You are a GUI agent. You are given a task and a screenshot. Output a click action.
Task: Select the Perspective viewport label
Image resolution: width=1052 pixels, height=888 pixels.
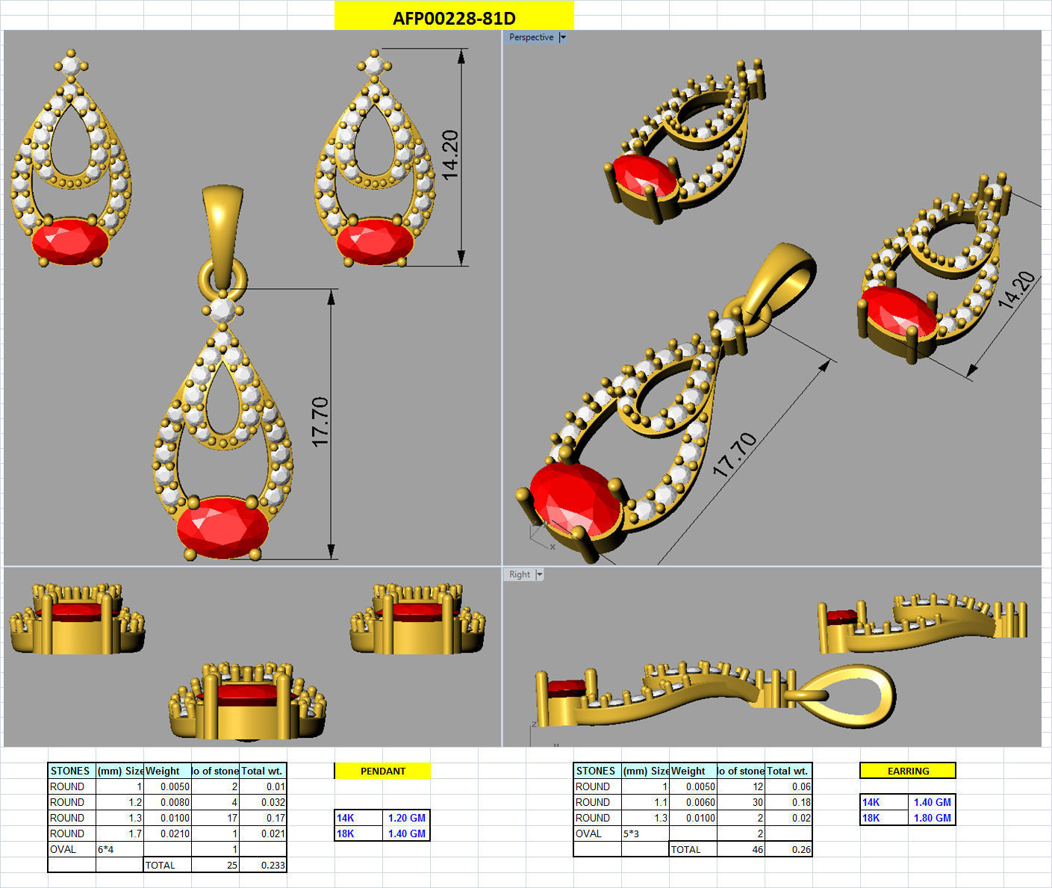tap(531, 37)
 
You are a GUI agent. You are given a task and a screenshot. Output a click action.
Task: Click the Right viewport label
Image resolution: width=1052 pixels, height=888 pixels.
tap(520, 574)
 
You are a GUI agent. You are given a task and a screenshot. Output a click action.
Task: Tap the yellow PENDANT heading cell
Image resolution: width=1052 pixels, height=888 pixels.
tap(383, 771)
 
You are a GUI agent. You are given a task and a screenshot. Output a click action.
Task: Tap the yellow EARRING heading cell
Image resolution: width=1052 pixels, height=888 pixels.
tap(908, 771)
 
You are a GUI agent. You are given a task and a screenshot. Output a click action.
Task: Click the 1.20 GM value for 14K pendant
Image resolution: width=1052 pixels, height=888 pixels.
tap(406, 818)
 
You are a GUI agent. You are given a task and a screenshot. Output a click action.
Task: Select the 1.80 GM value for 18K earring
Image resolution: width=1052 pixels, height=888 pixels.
tap(932, 818)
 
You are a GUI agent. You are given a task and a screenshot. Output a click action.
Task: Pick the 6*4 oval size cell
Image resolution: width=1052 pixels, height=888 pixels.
tap(106, 849)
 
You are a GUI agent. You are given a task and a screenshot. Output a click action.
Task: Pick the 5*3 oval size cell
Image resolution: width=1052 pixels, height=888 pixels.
tap(632, 833)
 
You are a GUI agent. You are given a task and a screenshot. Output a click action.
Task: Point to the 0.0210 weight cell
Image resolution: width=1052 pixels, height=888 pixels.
tap(176, 833)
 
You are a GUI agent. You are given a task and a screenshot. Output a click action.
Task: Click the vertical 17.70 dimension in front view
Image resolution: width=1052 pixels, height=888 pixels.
tap(320, 422)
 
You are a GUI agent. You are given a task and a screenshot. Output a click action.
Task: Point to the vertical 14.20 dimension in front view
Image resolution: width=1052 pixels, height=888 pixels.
tap(449, 155)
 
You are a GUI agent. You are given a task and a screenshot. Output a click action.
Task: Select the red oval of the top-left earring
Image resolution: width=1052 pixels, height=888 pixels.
tap(70, 242)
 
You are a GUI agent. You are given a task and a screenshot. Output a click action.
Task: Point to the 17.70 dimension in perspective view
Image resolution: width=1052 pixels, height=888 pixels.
tap(735, 455)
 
